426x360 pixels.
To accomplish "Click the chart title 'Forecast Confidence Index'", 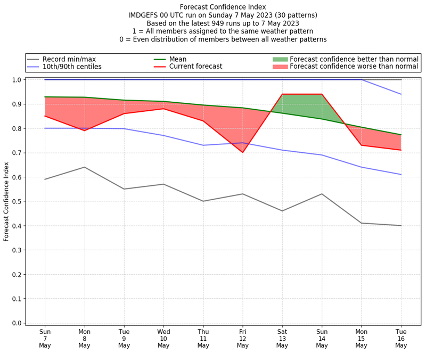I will coord(223,7).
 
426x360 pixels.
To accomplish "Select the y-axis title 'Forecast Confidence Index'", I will coord(6,201).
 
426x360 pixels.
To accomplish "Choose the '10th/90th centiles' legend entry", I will coord(72,67).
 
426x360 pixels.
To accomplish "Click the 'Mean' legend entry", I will coord(178,59).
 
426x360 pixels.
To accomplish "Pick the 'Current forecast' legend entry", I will coord(195,67).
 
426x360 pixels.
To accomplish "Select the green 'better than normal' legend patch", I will coord(280,59).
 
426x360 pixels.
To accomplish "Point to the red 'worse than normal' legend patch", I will coord(280,67).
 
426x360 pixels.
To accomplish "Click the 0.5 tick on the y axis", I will coord(17,201).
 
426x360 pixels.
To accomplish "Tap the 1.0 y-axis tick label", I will coord(17,80).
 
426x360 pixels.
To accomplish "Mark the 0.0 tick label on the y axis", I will coord(17,323).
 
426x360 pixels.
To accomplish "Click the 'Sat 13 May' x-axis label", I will coord(282,338).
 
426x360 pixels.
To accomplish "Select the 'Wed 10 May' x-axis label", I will coord(163,338).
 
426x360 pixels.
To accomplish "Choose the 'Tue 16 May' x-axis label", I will coord(401,338).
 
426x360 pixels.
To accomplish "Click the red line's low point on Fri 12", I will coord(243,152).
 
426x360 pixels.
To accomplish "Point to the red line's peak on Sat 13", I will coord(282,94).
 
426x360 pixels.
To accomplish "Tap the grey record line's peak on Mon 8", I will coord(84,167).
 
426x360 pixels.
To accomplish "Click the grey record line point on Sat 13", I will coord(282,211).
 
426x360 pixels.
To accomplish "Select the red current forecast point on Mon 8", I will coord(84,130).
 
